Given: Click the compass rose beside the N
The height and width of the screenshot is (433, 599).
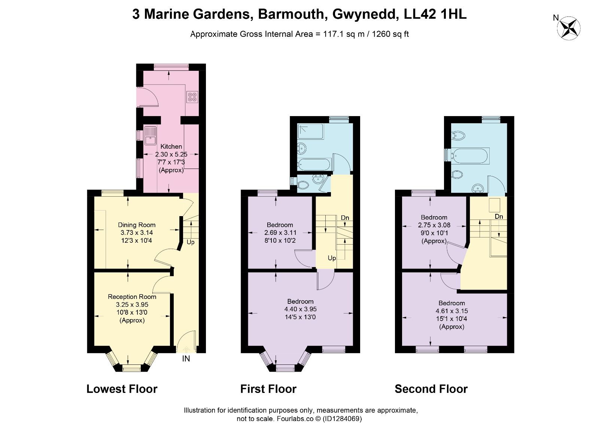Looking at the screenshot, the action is (x=569, y=28).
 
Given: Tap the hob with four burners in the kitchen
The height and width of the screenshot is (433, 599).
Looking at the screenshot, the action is (x=192, y=97).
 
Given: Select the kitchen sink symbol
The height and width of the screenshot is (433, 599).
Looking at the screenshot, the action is (x=151, y=136).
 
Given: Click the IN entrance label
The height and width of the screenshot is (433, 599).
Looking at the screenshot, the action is (x=186, y=358).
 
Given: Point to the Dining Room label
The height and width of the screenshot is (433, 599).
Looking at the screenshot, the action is (x=137, y=225).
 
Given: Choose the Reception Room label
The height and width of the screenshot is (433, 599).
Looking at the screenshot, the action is (x=132, y=297).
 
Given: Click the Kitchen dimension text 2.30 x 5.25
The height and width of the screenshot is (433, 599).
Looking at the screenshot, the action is (x=171, y=154).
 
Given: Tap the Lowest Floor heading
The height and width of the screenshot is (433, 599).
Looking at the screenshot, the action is (x=122, y=389).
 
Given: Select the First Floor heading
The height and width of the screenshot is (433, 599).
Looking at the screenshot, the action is (x=268, y=389).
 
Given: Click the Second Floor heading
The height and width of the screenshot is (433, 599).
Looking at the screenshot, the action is (x=431, y=389).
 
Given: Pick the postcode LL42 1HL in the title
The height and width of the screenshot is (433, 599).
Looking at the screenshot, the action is (x=435, y=14).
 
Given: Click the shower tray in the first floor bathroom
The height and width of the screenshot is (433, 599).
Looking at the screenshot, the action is (x=311, y=131).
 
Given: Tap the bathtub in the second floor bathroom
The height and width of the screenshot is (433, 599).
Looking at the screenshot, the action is (x=470, y=155).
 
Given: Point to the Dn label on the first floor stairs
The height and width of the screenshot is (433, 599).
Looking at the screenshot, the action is (x=345, y=218).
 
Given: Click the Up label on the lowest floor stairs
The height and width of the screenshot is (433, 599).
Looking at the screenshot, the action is (x=191, y=242).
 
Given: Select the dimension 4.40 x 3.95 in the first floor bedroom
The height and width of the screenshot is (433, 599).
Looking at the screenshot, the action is (x=300, y=309).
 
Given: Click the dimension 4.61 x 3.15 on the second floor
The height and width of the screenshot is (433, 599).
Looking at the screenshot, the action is (x=451, y=311).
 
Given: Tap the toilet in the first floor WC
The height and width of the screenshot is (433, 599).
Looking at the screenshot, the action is (x=303, y=185).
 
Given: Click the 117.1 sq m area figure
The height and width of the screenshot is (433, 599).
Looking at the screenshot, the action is (x=344, y=34).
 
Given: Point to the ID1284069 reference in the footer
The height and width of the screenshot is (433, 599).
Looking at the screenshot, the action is (x=342, y=418).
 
